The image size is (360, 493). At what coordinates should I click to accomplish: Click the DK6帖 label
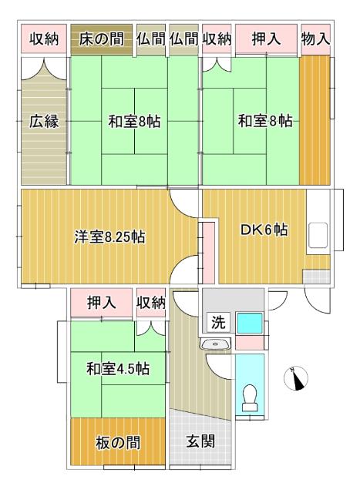264,230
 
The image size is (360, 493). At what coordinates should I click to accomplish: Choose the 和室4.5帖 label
117,369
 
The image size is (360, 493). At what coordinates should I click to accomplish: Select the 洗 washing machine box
218,323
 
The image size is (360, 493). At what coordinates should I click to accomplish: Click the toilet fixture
249,397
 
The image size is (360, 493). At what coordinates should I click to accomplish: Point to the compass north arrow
297,378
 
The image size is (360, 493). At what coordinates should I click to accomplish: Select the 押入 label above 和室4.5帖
102,303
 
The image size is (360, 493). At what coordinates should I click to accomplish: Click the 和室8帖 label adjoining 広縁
133,121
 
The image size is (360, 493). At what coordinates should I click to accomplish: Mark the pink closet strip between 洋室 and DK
208,253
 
